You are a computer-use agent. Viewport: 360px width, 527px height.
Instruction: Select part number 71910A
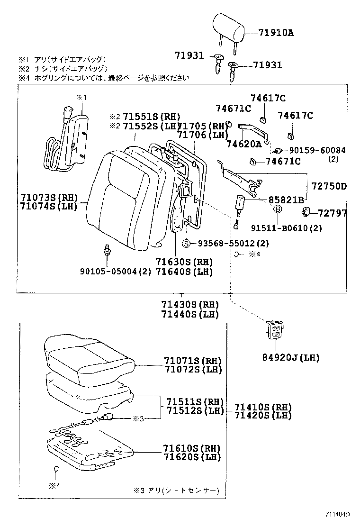point(276,33)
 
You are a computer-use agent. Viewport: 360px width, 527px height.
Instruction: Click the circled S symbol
point(187,244)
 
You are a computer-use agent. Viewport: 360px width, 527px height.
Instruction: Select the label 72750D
point(329,186)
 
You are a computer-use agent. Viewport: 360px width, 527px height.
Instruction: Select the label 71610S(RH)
point(192,448)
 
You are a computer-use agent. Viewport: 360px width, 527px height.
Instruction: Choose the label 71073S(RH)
point(49,197)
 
